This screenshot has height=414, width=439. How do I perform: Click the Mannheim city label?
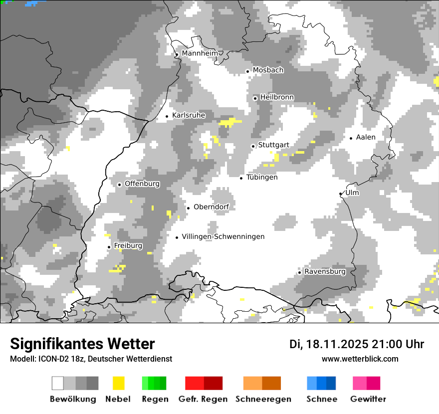point(200,53)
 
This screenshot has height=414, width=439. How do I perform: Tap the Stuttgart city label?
point(273,145)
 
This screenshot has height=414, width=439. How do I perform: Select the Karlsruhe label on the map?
point(189,116)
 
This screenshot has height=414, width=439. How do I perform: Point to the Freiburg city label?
point(128,246)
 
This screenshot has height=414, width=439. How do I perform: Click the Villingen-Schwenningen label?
point(223,237)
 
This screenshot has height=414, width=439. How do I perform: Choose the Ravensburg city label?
point(325,272)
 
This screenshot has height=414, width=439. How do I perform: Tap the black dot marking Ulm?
point(341,194)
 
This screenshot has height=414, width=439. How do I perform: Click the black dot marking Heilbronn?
point(255,98)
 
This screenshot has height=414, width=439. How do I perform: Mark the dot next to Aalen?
point(351,138)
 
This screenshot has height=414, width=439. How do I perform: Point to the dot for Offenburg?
point(120,185)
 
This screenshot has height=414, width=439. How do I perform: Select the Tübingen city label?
point(262,178)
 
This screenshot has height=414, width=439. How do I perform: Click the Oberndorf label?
point(211,207)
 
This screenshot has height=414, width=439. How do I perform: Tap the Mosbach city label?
point(268,70)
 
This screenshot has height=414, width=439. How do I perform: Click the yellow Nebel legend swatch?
point(119,383)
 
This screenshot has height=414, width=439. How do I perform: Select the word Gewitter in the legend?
point(368,399)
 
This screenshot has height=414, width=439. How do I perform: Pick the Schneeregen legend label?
point(263,399)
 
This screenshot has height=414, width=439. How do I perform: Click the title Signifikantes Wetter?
point(82,344)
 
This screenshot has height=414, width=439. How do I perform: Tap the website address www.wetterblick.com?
point(360,359)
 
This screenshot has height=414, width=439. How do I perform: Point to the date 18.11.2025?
point(337,344)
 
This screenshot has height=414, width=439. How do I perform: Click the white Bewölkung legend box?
point(58,383)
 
